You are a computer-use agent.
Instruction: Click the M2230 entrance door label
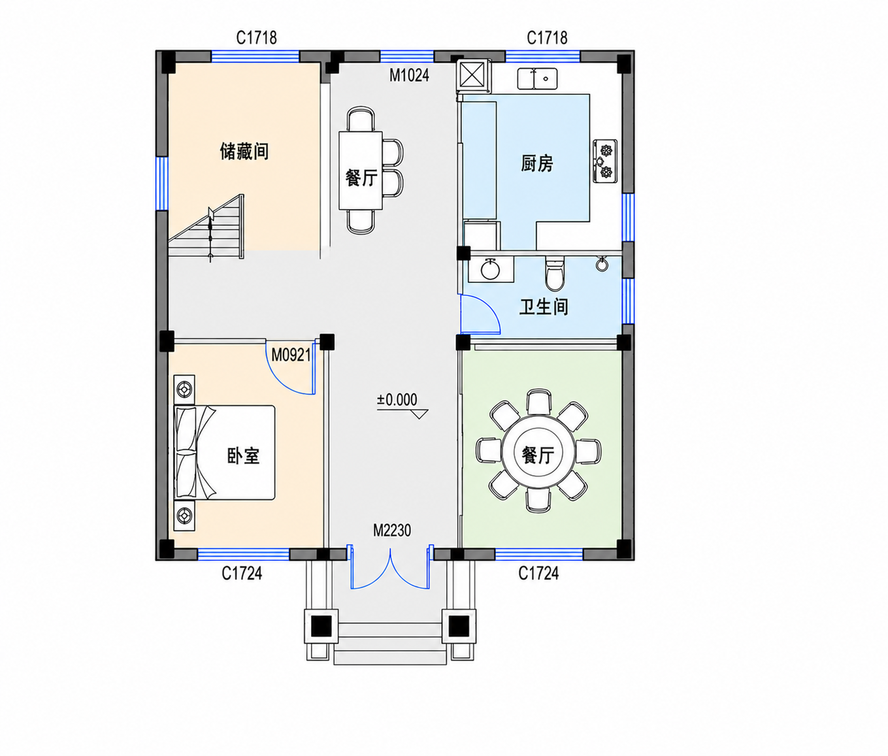coord(392,531)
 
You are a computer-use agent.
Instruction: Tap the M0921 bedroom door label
coord(291,355)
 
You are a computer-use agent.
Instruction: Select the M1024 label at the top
coord(409,76)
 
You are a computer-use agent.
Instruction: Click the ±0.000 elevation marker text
coord(397,400)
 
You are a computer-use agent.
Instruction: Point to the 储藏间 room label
coord(244,152)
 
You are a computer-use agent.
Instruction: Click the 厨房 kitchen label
coord(537,163)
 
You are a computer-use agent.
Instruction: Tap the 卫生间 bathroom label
coord(544,307)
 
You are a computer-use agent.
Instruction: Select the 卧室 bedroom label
coord(243,455)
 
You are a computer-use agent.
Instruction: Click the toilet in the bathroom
coord(553,273)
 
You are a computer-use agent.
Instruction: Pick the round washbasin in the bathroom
coord(490,269)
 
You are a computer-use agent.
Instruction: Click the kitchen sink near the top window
coord(537,79)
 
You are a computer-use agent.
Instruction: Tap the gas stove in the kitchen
coord(605,161)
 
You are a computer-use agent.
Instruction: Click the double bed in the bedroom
coord(224,452)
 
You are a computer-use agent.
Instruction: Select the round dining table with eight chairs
coord(538,451)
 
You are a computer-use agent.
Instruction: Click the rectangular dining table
coord(361,171)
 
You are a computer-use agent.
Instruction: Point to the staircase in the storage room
coord(206,227)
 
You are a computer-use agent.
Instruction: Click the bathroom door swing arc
coord(489,309)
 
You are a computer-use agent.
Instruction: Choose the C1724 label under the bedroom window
coord(242,574)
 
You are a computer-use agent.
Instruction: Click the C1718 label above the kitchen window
coord(547,38)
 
